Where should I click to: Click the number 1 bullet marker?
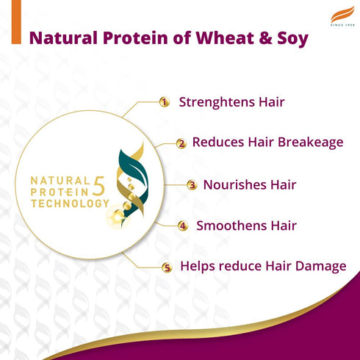click(x=165, y=102)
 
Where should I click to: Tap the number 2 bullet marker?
click(x=181, y=143)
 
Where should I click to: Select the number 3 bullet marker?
click(x=192, y=185)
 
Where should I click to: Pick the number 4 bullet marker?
click(x=183, y=226)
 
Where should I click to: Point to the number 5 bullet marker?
click(x=167, y=267)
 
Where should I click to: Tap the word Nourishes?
click(x=234, y=184)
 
